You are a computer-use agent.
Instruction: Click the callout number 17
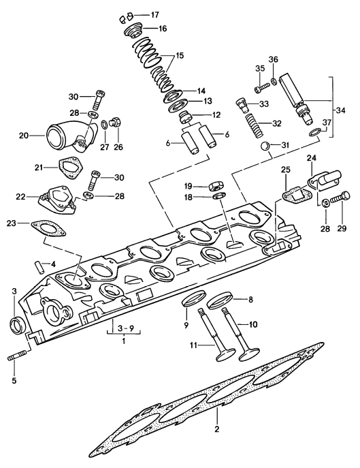(x=155, y=14)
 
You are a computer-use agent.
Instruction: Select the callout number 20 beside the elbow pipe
(x=24, y=136)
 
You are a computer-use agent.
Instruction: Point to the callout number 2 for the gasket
(x=216, y=431)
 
